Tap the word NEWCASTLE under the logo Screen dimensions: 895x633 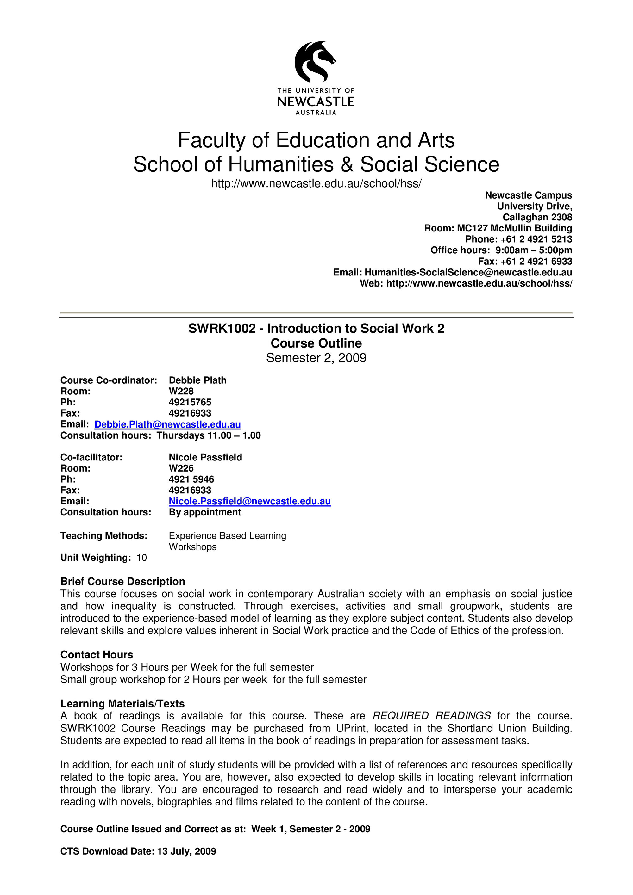(316, 102)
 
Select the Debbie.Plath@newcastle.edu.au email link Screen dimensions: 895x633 (167, 424)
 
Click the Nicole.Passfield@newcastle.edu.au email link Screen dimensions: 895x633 (250, 501)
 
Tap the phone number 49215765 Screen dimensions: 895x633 (190, 402)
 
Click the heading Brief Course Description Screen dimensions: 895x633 (122, 581)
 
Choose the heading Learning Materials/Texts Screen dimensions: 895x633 (122, 703)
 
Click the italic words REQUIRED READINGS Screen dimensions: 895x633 (432, 716)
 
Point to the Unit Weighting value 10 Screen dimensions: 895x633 (141, 558)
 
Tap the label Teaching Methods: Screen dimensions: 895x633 (104, 536)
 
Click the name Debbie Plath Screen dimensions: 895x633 (197, 380)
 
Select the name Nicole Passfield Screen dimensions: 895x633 (205, 457)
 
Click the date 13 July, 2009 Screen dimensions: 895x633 (186, 851)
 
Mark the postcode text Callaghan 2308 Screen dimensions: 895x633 (537, 217)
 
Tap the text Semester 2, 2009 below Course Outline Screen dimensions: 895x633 (316, 358)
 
